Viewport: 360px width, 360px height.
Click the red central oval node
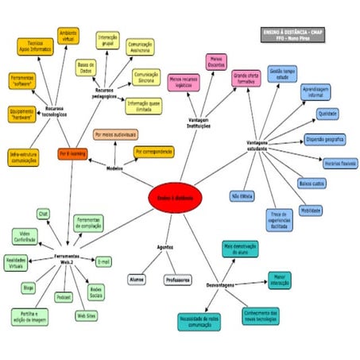tap(176, 197)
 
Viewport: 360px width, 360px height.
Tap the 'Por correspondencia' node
tap(153, 151)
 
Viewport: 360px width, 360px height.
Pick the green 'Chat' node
tap(44, 214)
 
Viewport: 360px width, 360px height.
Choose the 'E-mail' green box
tap(103, 261)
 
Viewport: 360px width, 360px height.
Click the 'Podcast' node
tap(64, 296)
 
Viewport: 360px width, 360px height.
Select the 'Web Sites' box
tap(87, 315)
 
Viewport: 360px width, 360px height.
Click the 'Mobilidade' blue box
tap(311, 210)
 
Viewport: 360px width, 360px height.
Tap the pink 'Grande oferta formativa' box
tap(246, 78)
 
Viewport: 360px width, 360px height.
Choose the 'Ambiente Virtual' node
tap(69, 36)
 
